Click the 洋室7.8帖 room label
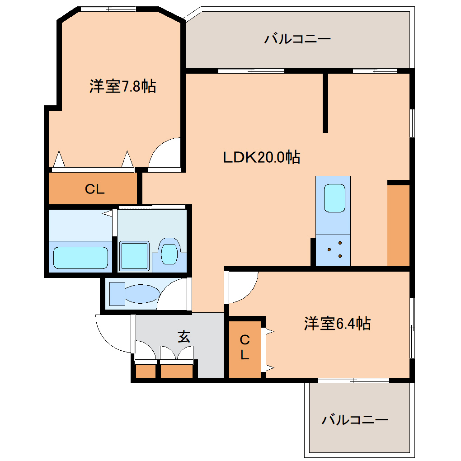tap(122, 86)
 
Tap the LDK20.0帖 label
tap(262, 157)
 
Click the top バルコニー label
tap(297, 39)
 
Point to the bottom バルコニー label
tap(355, 420)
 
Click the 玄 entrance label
tap(183, 337)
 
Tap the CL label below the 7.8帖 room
tap(95, 189)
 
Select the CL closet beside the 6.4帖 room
tap(245, 347)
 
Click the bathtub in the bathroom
tap(80, 258)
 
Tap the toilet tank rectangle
tap(117, 294)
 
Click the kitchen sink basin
tap(334, 198)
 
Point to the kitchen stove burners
tap(334, 250)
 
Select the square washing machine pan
tap(134, 256)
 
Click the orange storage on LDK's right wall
tap(398, 225)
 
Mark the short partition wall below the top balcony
tap(325, 102)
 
